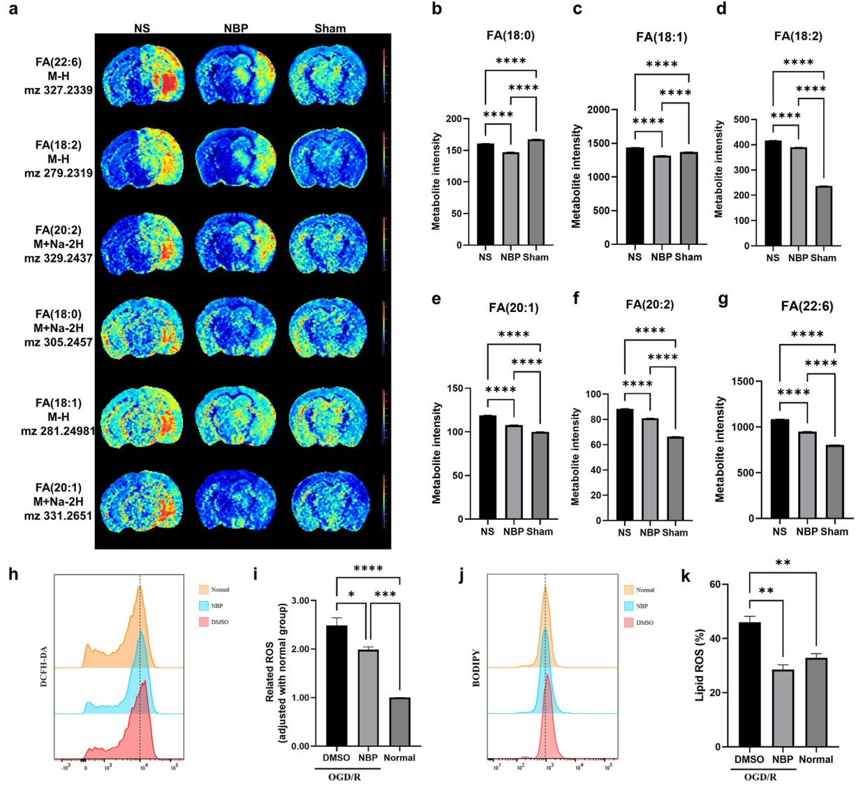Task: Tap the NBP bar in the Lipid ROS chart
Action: (783, 708)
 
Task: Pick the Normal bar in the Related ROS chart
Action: (399, 722)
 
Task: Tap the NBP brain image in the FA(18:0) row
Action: (237, 329)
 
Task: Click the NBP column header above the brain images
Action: (237, 29)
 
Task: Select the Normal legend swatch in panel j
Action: (629, 590)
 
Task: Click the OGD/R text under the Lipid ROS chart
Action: (758, 775)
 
